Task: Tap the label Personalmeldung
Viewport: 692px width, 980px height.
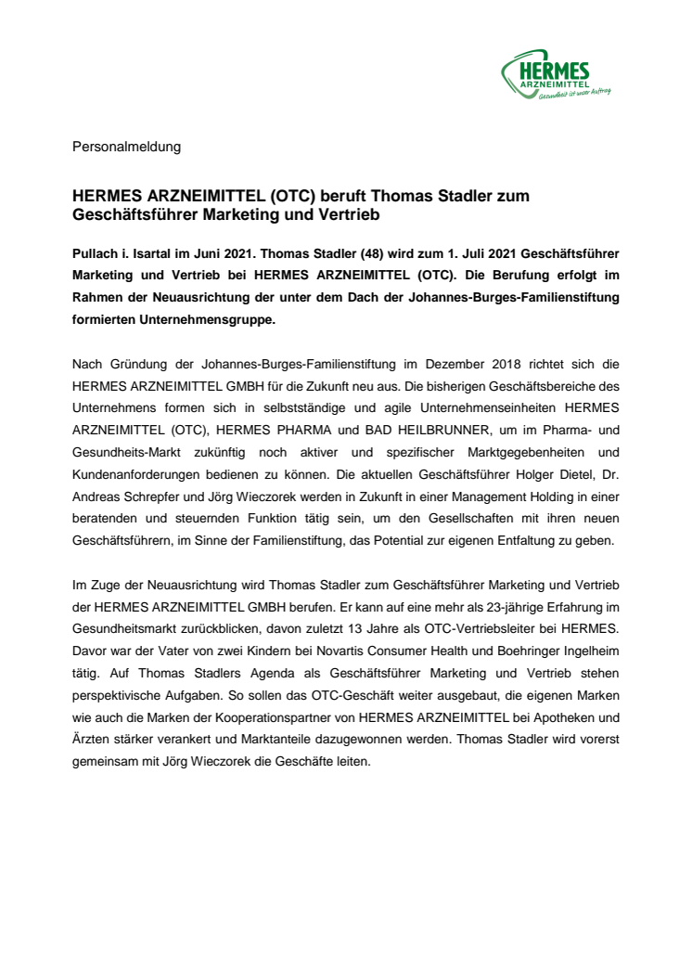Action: tap(126, 147)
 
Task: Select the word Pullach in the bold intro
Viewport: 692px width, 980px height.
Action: tap(96, 253)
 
